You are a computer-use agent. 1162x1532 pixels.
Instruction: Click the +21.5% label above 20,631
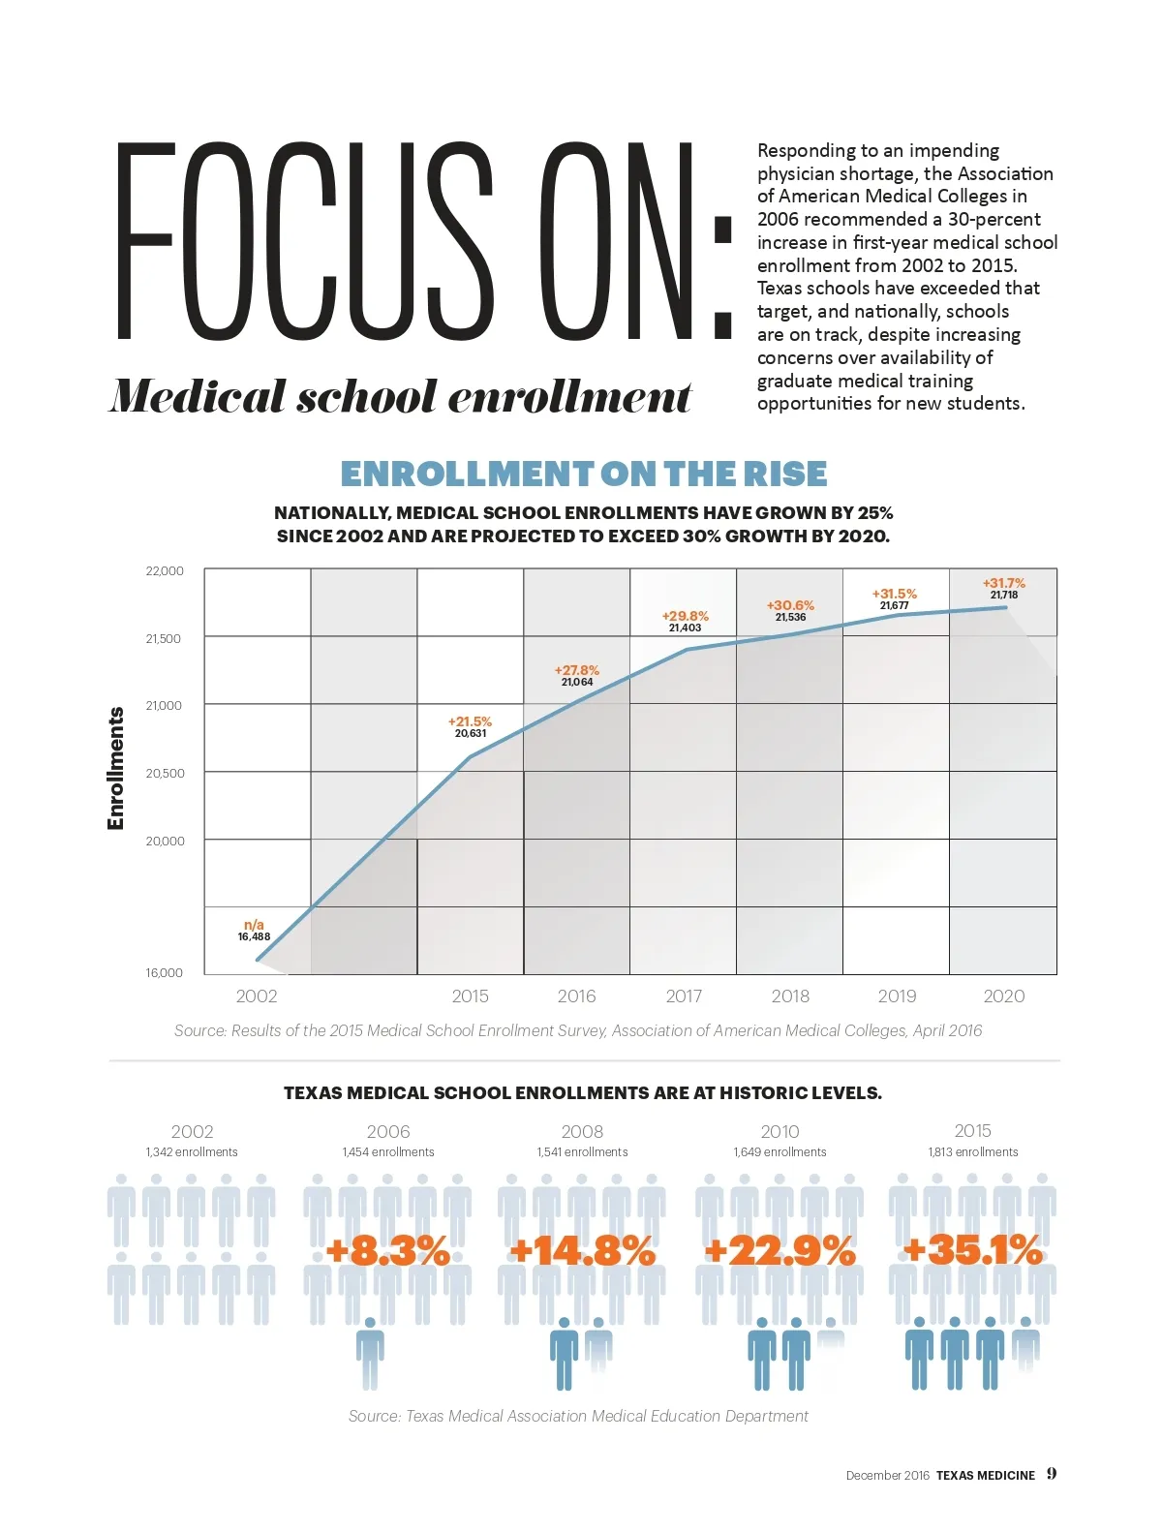click(x=470, y=721)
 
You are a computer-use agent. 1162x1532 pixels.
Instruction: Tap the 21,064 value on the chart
click(x=577, y=683)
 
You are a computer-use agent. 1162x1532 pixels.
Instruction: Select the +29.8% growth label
click(x=685, y=616)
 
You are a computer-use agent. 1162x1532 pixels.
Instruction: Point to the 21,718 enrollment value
click(x=1004, y=596)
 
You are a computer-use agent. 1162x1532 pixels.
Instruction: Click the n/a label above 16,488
click(x=254, y=925)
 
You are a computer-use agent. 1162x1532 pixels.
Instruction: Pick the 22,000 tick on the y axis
click(x=165, y=571)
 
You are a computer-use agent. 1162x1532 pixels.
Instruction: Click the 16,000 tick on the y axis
click(x=164, y=973)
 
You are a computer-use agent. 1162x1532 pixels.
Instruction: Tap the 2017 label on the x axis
click(x=684, y=996)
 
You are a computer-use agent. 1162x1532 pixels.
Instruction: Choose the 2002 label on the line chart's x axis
click(x=257, y=996)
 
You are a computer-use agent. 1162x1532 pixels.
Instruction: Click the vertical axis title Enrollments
click(x=116, y=768)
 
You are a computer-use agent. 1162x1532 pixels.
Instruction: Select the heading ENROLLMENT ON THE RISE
click(x=584, y=474)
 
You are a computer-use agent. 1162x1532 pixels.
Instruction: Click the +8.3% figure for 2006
click(x=388, y=1251)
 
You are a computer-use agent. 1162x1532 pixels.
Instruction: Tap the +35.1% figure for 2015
click(x=972, y=1250)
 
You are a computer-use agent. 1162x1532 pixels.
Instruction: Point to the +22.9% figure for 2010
click(x=780, y=1251)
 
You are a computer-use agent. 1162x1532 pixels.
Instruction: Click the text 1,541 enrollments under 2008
click(x=582, y=1152)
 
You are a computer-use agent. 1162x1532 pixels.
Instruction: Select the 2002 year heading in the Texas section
click(x=192, y=1131)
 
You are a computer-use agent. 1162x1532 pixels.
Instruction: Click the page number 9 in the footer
click(x=1052, y=1474)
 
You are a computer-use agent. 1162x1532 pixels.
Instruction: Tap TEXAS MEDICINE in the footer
click(x=986, y=1476)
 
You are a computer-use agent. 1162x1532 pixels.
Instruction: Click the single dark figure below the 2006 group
click(x=370, y=1352)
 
